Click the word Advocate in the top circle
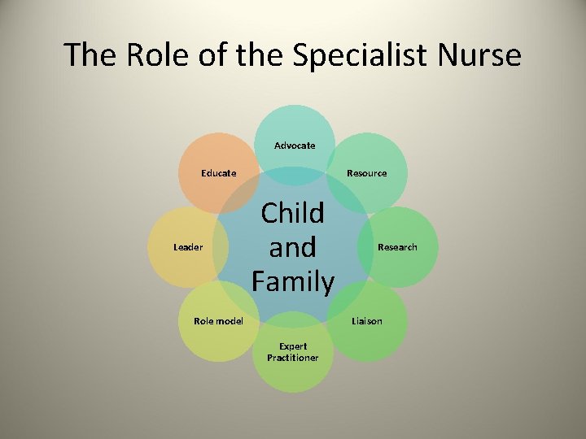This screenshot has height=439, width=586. pos(295,146)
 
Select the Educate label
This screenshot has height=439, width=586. pos(219,173)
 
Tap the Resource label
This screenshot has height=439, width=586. pos(367,173)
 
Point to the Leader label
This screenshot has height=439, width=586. pos(188,247)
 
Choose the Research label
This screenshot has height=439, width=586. pos(397,247)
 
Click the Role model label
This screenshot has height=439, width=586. pos(218,321)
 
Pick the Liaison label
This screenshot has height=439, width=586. pos(366,321)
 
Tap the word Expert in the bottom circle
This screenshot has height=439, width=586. pos(293,346)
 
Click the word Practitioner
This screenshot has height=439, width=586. pos(293,358)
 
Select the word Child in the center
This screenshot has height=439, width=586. pos(293,213)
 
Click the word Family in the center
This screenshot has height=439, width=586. pos(293,281)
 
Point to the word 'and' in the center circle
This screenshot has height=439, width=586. pos(293,247)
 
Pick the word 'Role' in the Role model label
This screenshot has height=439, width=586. pos(203,321)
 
